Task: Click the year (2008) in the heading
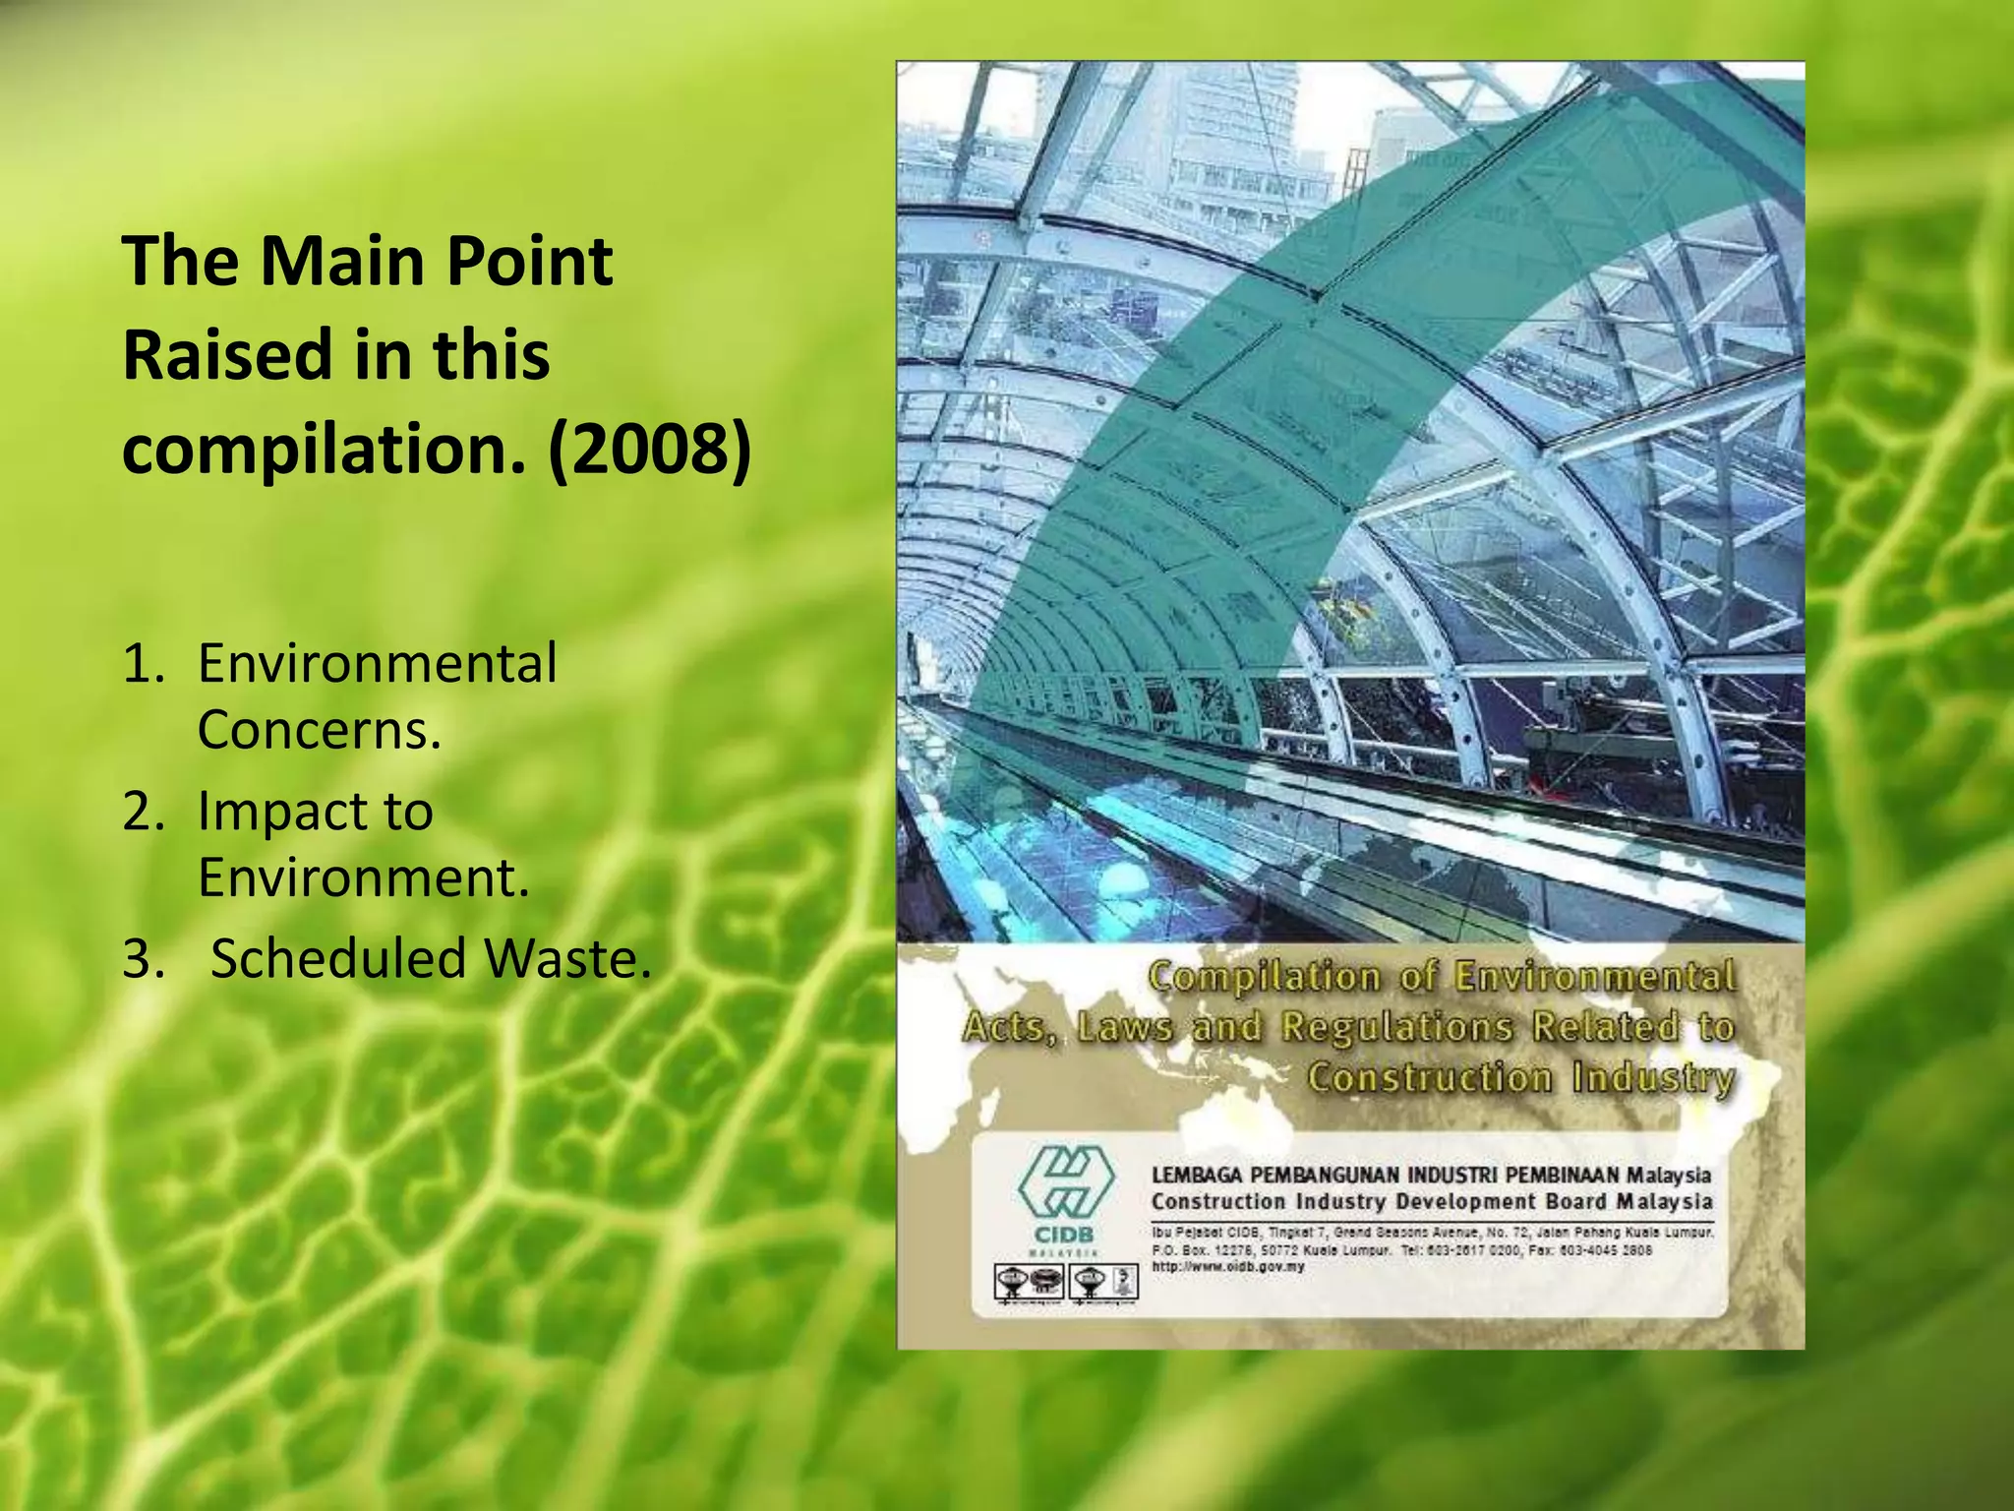(650, 449)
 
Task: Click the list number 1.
(144, 665)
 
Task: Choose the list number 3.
(144, 959)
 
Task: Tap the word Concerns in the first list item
(319, 731)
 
